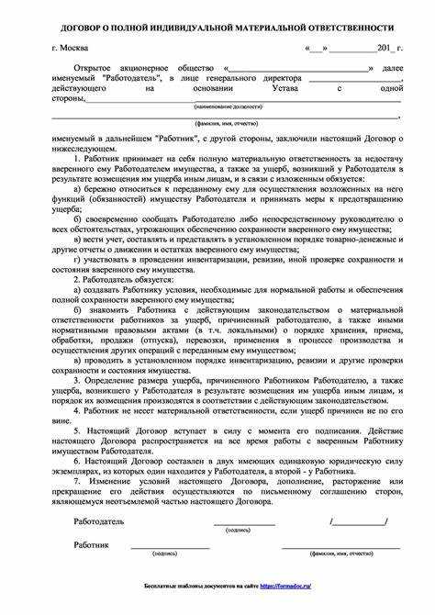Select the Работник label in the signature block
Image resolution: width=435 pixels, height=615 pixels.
(x=92, y=543)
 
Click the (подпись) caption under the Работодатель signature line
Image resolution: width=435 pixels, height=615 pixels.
(x=238, y=530)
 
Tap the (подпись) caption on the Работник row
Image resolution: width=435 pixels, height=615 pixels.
(x=165, y=553)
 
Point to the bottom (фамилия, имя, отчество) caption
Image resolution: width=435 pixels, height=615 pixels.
(x=341, y=553)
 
